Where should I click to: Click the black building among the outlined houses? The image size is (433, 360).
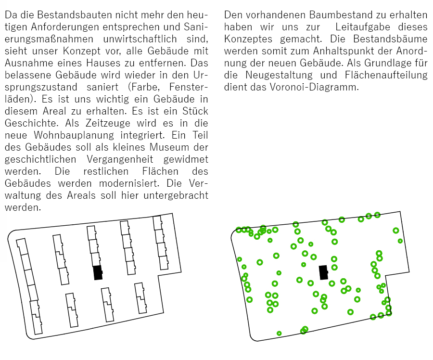click(98, 272)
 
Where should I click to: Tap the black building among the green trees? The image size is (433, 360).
click(323, 272)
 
